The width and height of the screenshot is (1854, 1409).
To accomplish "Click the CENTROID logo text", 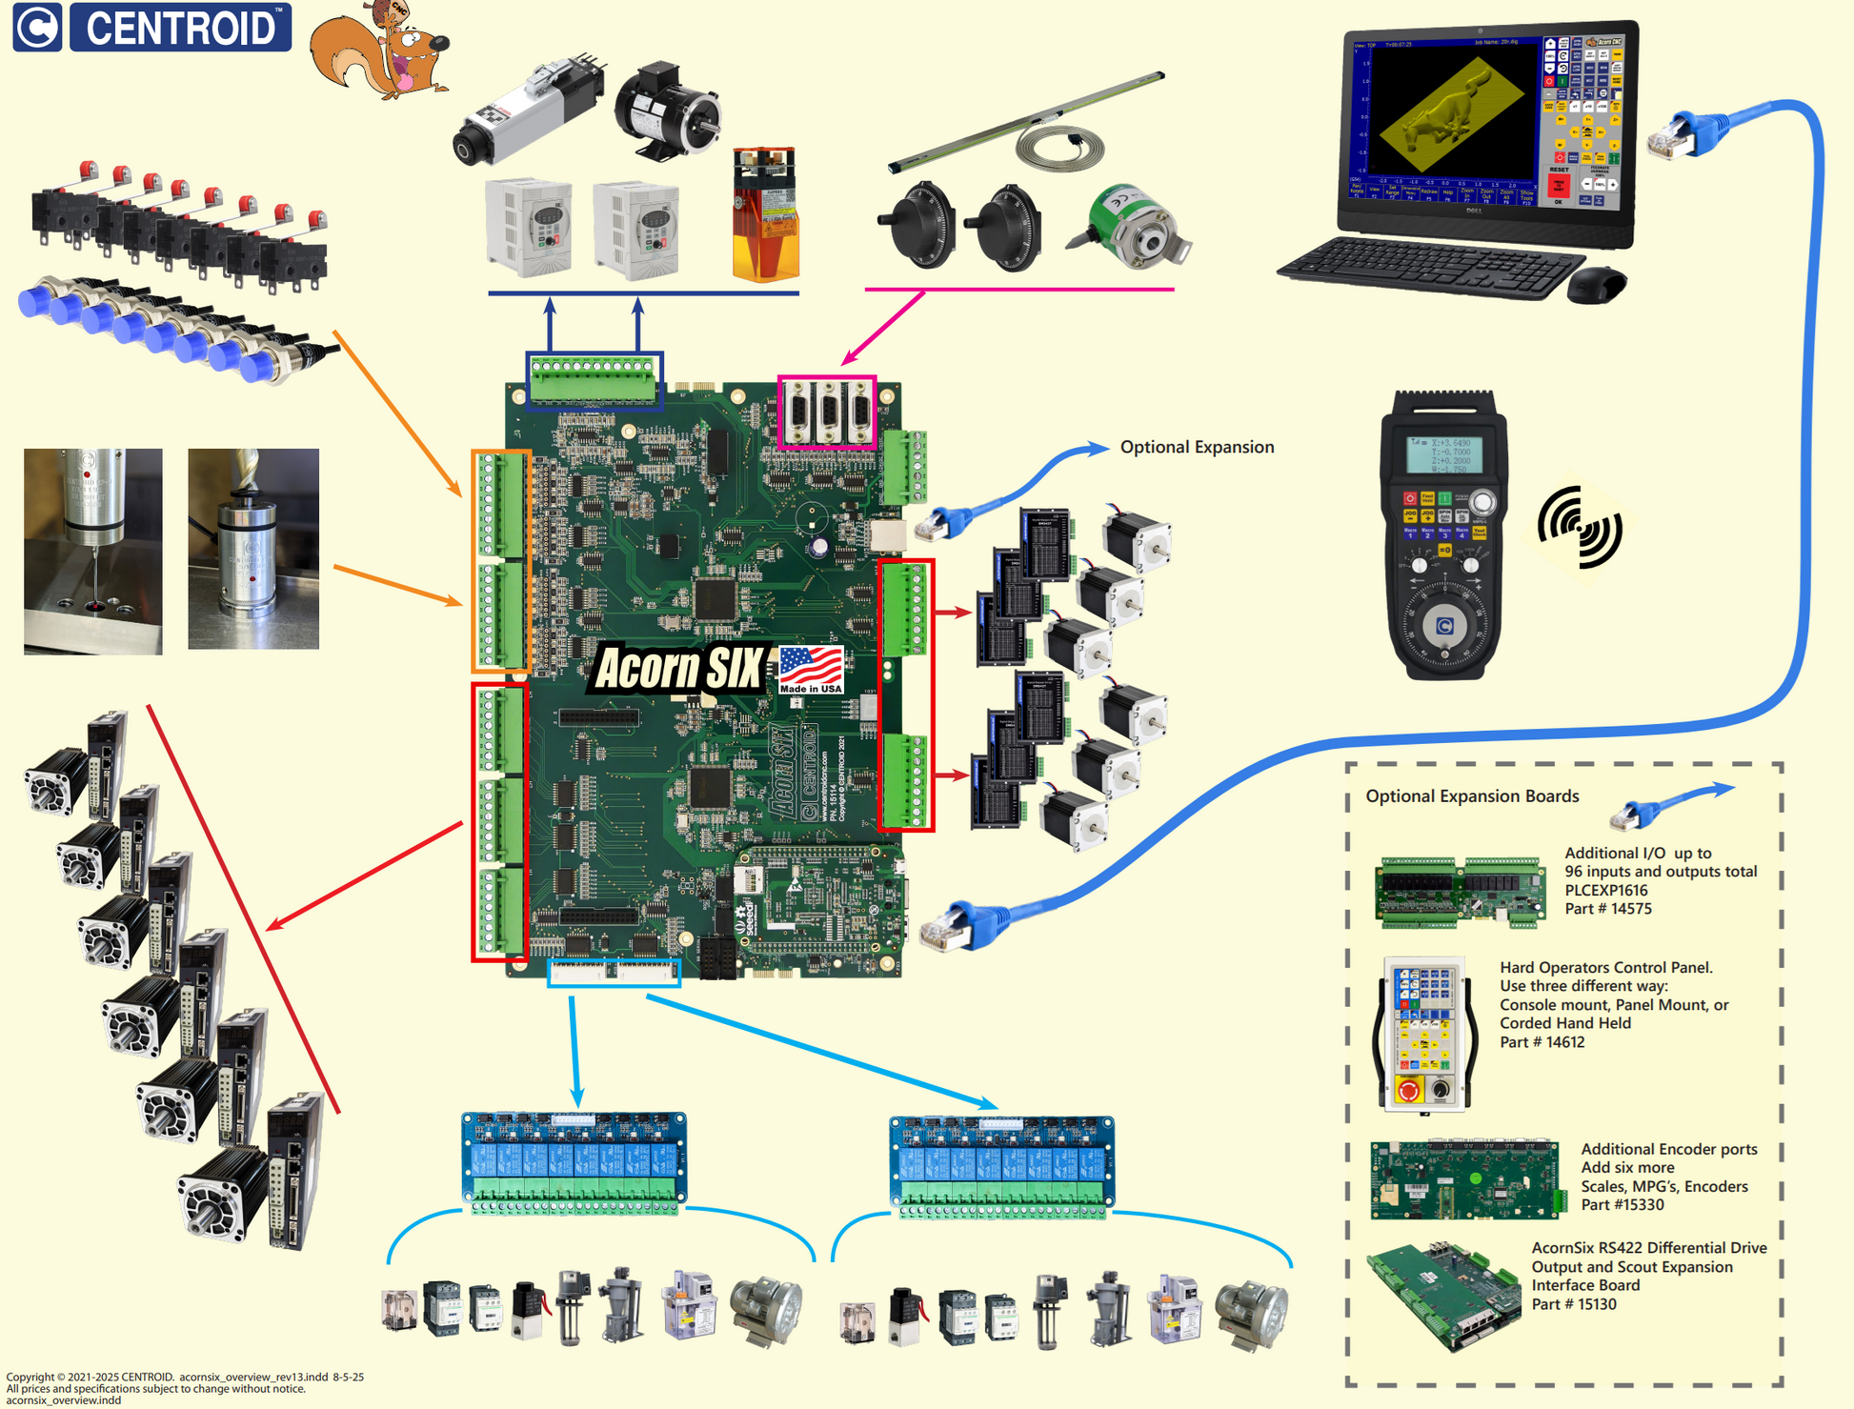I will (181, 28).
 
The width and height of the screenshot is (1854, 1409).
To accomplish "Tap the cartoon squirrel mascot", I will (381, 52).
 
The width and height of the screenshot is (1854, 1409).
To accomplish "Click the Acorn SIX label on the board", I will (677, 668).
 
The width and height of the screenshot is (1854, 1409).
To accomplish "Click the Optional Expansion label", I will (1197, 447).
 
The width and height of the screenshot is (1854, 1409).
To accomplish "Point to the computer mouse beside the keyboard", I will (1597, 284).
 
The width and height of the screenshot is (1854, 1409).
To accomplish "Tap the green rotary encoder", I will (1134, 227).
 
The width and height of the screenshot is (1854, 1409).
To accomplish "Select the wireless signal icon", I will (1581, 527).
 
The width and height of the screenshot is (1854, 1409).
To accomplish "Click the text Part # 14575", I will (1608, 909).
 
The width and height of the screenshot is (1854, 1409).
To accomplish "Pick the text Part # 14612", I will (1542, 1042).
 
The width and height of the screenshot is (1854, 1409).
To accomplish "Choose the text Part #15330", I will (1622, 1205).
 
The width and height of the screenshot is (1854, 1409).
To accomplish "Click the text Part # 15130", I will (1574, 1304).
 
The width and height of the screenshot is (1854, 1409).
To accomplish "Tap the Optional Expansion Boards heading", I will (1472, 796).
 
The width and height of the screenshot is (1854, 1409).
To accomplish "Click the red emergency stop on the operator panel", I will (1408, 1090).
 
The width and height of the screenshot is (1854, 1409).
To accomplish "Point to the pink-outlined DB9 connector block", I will (827, 412).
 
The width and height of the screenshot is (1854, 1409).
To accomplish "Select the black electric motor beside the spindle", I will (666, 106).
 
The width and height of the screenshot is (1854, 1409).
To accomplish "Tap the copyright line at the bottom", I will (185, 1377).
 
